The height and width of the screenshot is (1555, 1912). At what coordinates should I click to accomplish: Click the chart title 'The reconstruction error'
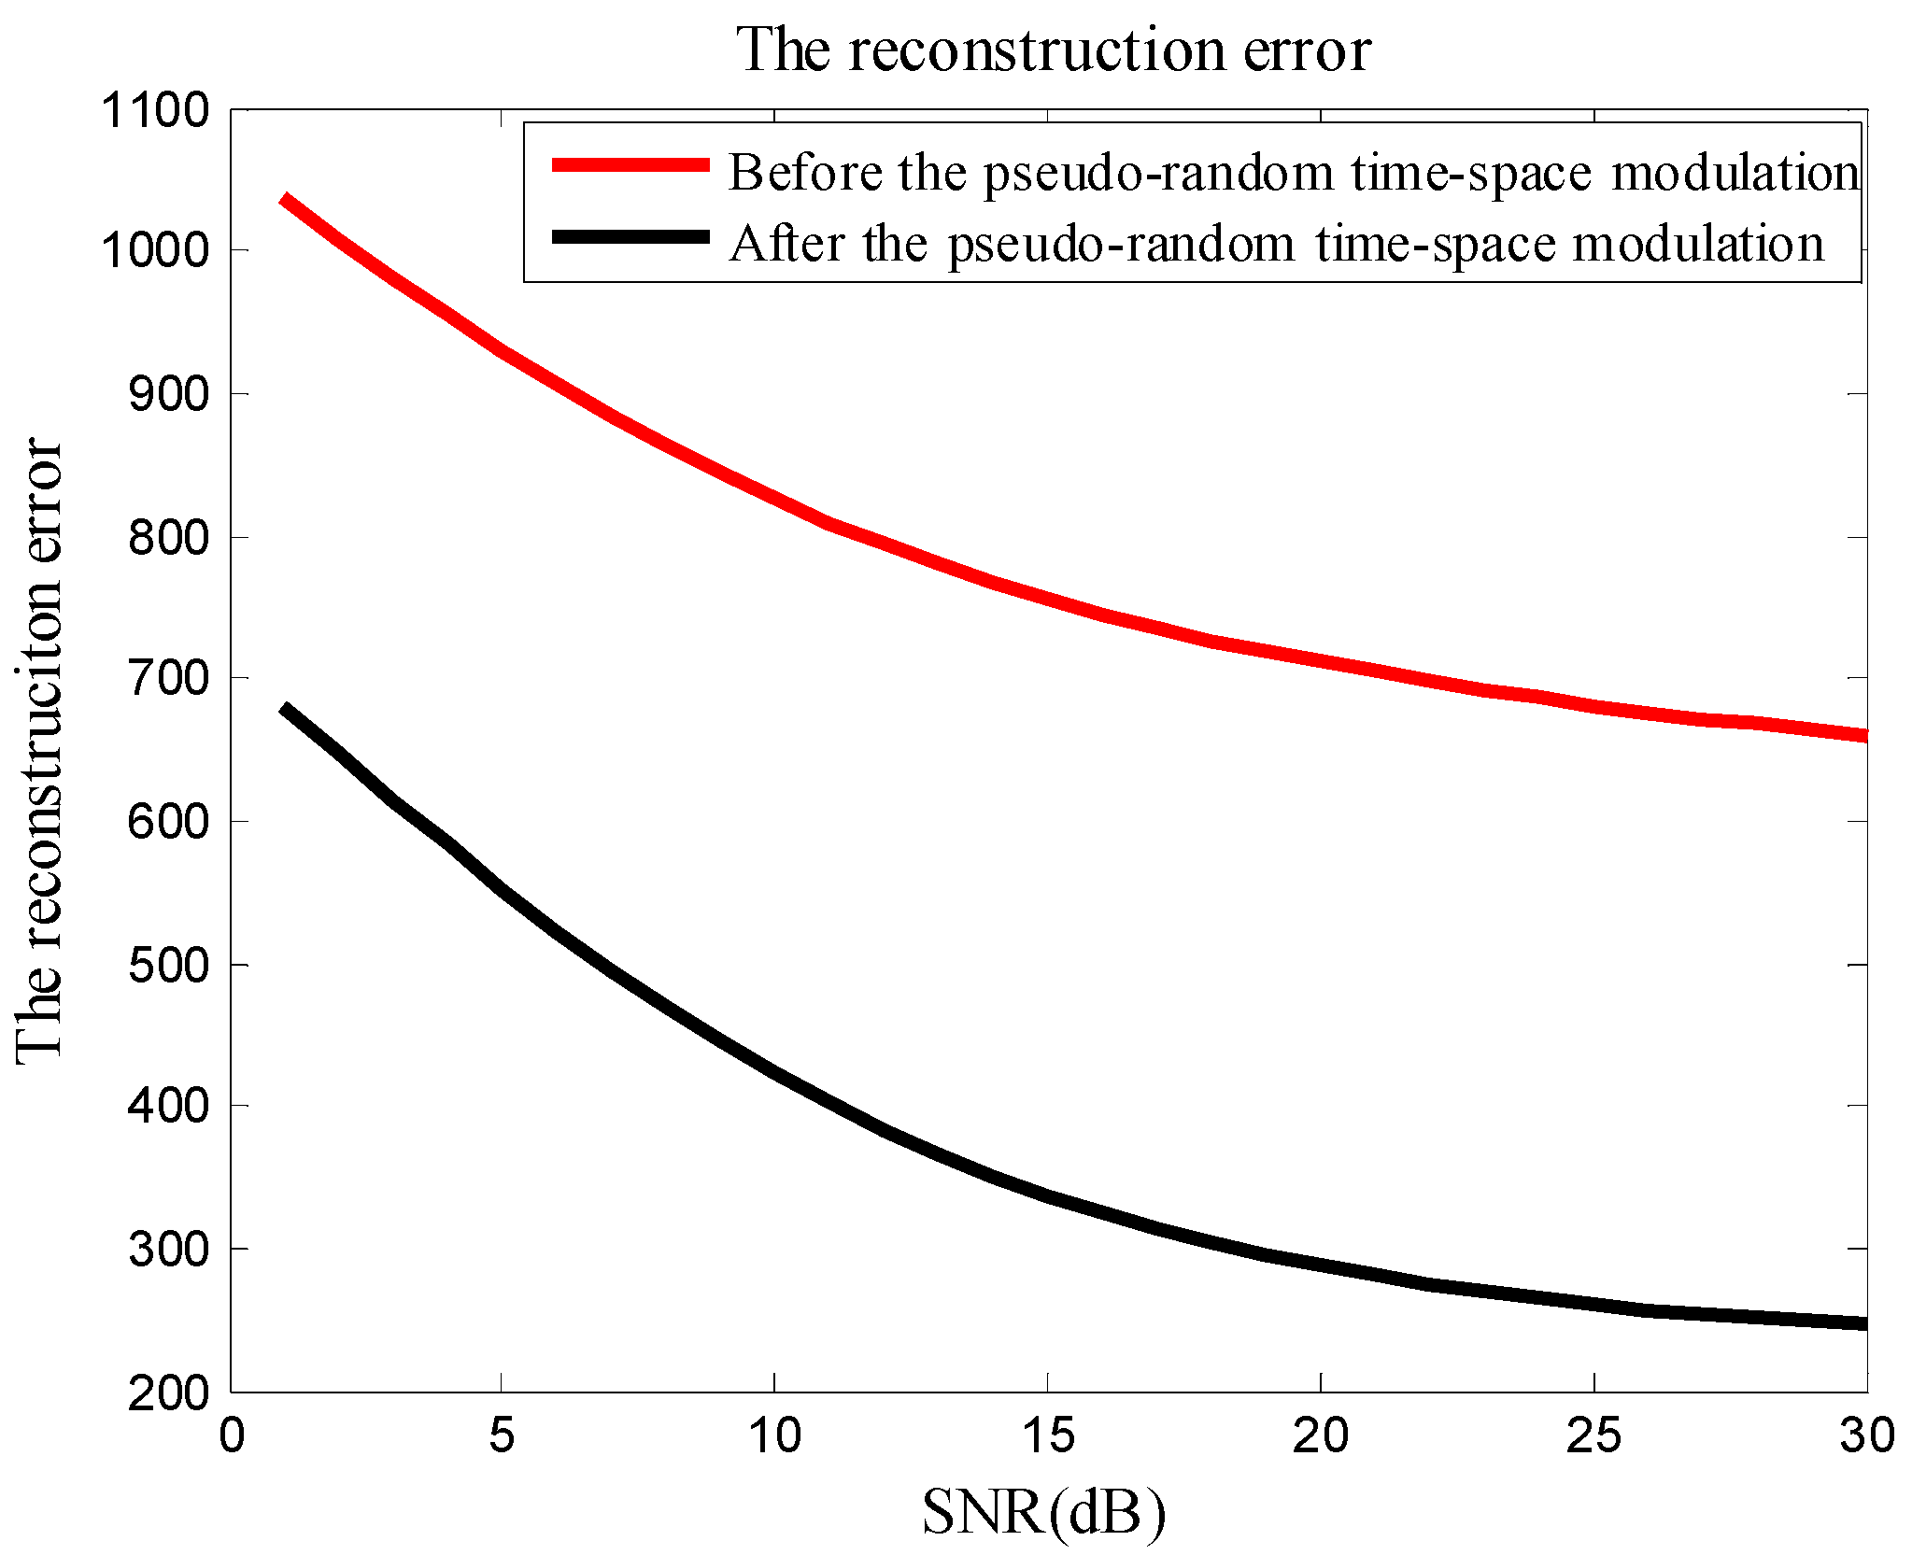tap(1054, 50)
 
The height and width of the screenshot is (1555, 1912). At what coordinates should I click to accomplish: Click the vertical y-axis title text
tap(39, 752)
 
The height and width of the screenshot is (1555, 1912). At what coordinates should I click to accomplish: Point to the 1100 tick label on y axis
tap(143, 111)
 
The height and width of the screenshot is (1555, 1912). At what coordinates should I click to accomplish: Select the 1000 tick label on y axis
tap(143, 250)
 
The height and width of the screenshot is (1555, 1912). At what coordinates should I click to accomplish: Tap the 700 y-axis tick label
tap(155, 678)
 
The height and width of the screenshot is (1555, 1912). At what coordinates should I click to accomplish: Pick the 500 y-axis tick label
tap(155, 965)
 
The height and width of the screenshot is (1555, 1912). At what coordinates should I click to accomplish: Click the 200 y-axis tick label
tap(155, 1393)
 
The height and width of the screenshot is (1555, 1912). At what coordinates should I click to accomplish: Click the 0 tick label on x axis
tap(232, 1435)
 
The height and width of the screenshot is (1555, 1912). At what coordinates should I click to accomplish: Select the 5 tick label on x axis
tap(502, 1435)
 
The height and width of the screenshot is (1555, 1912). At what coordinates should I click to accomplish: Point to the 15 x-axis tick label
tap(1048, 1435)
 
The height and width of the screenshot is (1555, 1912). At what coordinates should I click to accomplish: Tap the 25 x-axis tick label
tap(1593, 1435)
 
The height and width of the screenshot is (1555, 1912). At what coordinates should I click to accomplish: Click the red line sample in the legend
tap(630, 165)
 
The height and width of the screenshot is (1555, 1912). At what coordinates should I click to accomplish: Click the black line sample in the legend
tap(630, 236)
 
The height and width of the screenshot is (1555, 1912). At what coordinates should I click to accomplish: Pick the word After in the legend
tap(787, 244)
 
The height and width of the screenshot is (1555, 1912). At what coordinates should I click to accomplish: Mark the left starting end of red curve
tap(286, 199)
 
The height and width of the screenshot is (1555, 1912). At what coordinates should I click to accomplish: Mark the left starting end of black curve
tap(286, 710)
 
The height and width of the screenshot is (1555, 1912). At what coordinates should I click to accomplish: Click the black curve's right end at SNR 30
tap(1862, 1323)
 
